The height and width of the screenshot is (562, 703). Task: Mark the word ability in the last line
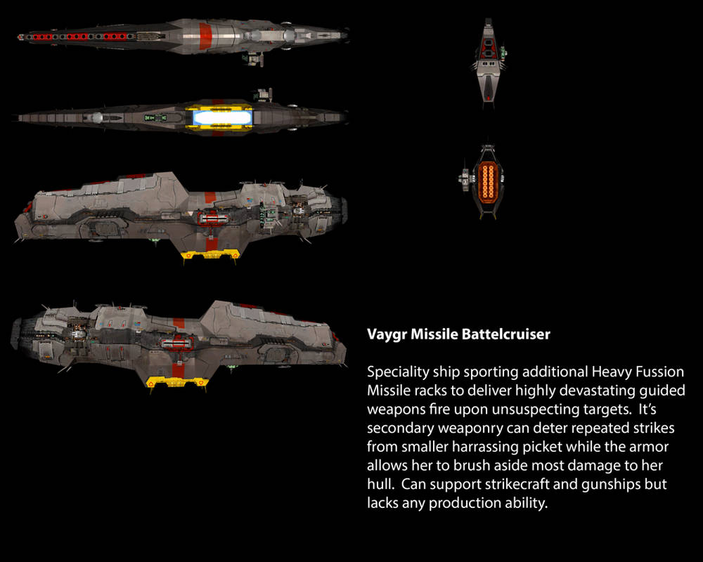[522, 503]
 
